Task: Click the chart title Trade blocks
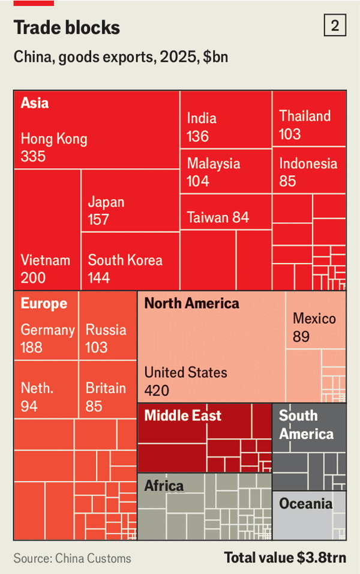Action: (x=67, y=28)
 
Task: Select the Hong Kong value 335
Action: (x=33, y=156)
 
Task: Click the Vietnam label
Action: (x=46, y=261)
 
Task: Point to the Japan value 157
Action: (x=98, y=219)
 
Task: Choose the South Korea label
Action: (x=125, y=261)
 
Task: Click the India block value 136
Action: (x=197, y=136)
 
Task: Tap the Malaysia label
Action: (x=213, y=164)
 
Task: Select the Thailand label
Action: (x=305, y=116)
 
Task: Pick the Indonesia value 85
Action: (x=287, y=181)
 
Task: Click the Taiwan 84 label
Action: (x=218, y=217)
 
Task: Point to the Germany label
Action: (x=47, y=330)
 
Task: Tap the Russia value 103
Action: (x=97, y=347)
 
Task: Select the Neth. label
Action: (x=37, y=388)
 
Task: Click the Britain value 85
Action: (x=94, y=406)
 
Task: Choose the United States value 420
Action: (x=157, y=390)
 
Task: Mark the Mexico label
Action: (x=314, y=319)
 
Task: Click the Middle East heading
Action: (x=182, y=415)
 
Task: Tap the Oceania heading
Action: (x=305, y=503)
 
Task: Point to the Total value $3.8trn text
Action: (x=285, y=558)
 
